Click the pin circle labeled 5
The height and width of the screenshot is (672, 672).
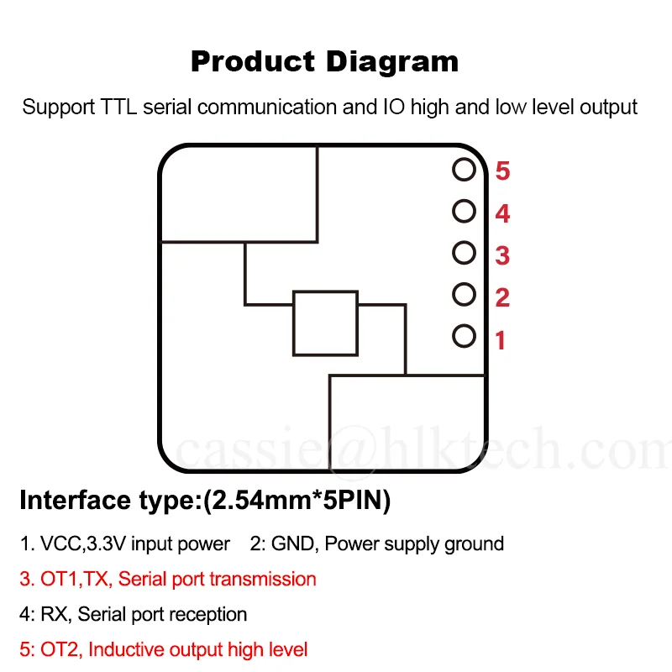coord(464,170)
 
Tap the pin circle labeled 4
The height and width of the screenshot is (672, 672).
coord(464,211)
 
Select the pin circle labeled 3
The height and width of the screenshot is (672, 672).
coord(464,252)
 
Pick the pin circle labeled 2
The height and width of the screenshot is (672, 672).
coord(464,294)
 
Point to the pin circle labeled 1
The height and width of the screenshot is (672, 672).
coord(464,336)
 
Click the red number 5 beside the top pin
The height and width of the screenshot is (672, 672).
coord(502,171)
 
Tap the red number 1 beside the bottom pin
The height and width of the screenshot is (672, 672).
coord(501,341)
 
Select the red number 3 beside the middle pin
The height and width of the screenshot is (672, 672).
coord(502,255)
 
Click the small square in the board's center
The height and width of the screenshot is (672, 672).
coord(325,323)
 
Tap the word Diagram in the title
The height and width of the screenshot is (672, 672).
coord(392,61)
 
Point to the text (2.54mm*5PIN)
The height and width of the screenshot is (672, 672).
coord(297,501)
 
